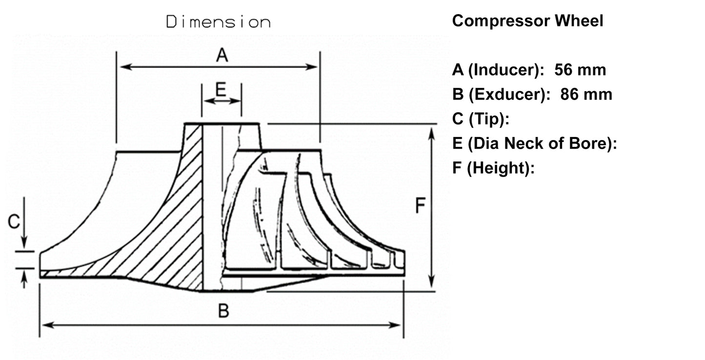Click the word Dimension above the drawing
[x=218, y=22]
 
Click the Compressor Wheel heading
[x=527, y=21]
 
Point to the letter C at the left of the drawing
[x=14, y=222]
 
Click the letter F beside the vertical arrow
[x=420, y=206]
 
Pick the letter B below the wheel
[x=223, y=311]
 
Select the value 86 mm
[x=586, y=94]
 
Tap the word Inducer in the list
[x=505, y=70]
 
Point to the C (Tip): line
[x=481, y=119]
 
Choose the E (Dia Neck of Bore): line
[x=535, y=143]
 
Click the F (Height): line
[x=493, y=168]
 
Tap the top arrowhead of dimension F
[x=431, y=133]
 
